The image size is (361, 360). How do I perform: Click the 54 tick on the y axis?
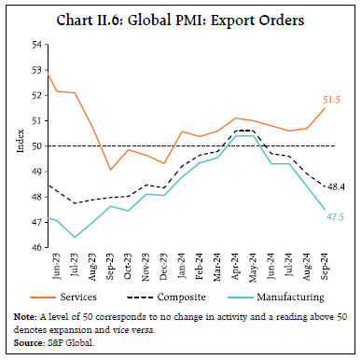36,45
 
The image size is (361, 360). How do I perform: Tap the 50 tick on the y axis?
36,146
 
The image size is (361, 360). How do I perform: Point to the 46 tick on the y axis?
36,248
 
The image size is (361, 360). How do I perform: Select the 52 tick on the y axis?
36,95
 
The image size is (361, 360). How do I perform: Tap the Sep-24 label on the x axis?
325,267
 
